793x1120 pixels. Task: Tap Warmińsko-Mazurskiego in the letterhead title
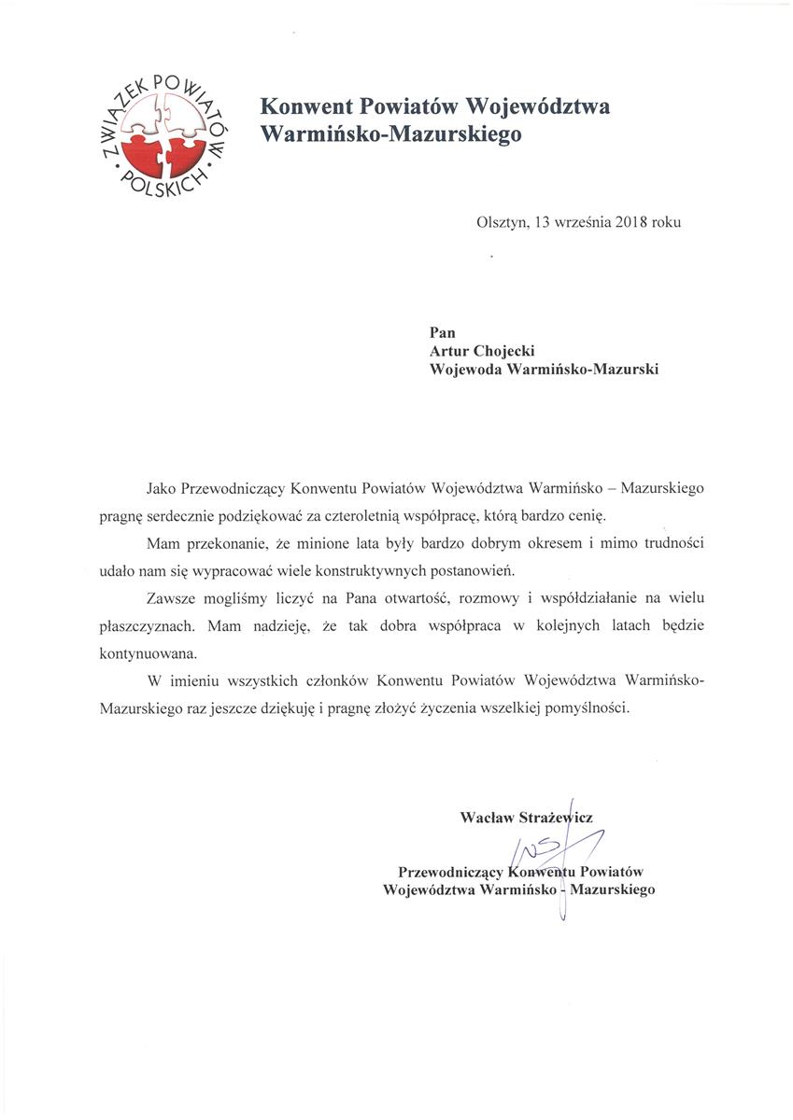click(x=390, y=134)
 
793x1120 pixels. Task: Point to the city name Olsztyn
click(x=502, y=222)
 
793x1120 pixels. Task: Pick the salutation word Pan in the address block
click(x=442, y=330)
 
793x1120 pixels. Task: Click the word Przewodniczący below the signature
click(x=449, y=872)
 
